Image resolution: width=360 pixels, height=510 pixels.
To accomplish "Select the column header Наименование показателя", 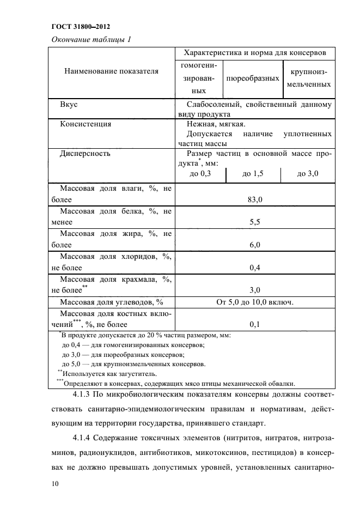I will click(x=111, y=71).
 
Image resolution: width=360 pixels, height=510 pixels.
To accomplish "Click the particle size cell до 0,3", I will click(x=199, y=174).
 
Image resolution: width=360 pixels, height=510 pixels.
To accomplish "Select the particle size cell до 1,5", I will click(x=253, y=174).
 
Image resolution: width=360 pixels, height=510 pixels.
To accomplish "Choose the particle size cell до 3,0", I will click(x=307, y=174).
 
